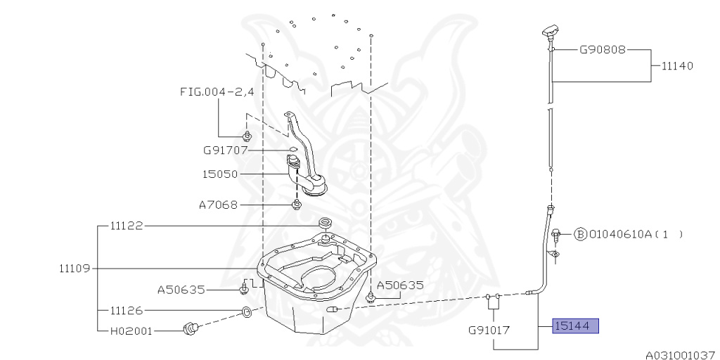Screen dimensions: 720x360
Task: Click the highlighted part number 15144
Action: pos(575,326)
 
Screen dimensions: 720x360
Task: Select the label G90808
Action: pos(603,49)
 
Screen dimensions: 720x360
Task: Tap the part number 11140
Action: pos(677,65)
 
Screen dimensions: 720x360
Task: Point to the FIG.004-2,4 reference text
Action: pos(217,92)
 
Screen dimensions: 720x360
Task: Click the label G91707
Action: pos(226,150)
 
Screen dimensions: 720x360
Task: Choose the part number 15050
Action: pos(220,174)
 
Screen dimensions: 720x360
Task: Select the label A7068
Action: pos(218,205)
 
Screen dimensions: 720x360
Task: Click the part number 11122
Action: pos(127,226)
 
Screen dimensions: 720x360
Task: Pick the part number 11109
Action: pos(76,268)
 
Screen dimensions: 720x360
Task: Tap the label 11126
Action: pos(127,310)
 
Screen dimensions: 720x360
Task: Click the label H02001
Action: pos(131,330)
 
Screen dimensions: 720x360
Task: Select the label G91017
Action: pos(489,330)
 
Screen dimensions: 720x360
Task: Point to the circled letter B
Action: pos(580,234)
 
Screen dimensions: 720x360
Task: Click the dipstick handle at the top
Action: pos(550,32)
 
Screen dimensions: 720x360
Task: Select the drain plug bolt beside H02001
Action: pos(191,328)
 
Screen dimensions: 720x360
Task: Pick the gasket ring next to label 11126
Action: pos(246,313)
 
